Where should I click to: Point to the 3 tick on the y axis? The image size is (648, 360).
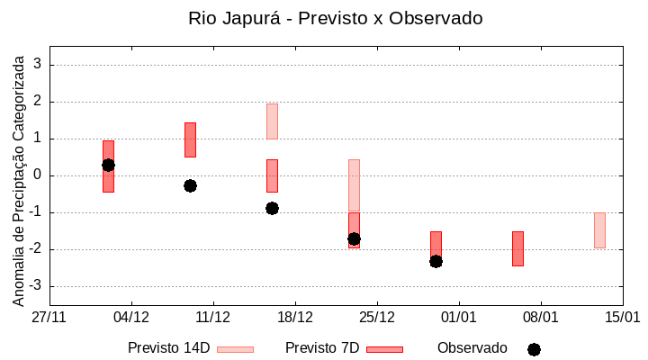click(38, 65)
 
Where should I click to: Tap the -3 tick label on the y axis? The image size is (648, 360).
click(35, 286)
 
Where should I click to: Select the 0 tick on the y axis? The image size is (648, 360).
click(38, 175)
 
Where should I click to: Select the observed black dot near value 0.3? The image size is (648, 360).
click(108, 165)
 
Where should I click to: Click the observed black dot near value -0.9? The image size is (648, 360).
click(272, 208)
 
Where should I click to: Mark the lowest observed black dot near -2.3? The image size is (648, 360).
click(436, 261)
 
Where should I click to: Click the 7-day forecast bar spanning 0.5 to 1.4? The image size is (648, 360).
click(190, 139)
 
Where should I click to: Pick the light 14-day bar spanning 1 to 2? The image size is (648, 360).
click(272, 121)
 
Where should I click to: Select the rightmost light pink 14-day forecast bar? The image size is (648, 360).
click(599, 229)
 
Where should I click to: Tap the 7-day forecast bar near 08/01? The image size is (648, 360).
click(517, 248)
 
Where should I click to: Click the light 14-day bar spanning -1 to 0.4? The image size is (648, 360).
click(354, 184)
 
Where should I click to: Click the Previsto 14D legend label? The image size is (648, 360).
click(168, 348)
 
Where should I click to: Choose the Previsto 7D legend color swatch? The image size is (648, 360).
click(384, 349)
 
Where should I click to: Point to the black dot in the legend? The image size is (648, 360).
click(534, 349)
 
